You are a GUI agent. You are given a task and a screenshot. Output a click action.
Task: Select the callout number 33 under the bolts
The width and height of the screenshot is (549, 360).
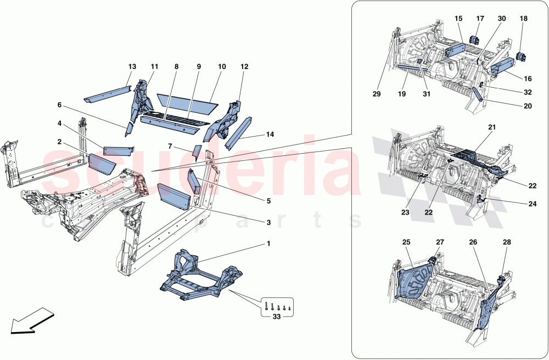click(x=277, y=316)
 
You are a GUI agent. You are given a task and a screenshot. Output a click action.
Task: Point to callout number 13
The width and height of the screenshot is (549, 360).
click(x=132, y=66)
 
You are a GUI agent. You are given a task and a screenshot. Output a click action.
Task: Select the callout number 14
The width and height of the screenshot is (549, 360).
click(x=270, y=134)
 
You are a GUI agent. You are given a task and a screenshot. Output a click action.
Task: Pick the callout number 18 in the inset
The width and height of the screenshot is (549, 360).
click(x=523, y=18)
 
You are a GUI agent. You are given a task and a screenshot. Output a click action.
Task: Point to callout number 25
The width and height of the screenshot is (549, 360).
click(x=407, y=241)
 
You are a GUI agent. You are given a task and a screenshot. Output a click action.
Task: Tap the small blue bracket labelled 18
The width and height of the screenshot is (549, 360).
click(x=523, y=56)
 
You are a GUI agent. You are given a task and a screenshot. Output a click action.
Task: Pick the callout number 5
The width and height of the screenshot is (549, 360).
click(x=268, y=201)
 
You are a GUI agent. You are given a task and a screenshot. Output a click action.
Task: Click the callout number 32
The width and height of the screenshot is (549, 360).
click(x=528, y=93)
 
